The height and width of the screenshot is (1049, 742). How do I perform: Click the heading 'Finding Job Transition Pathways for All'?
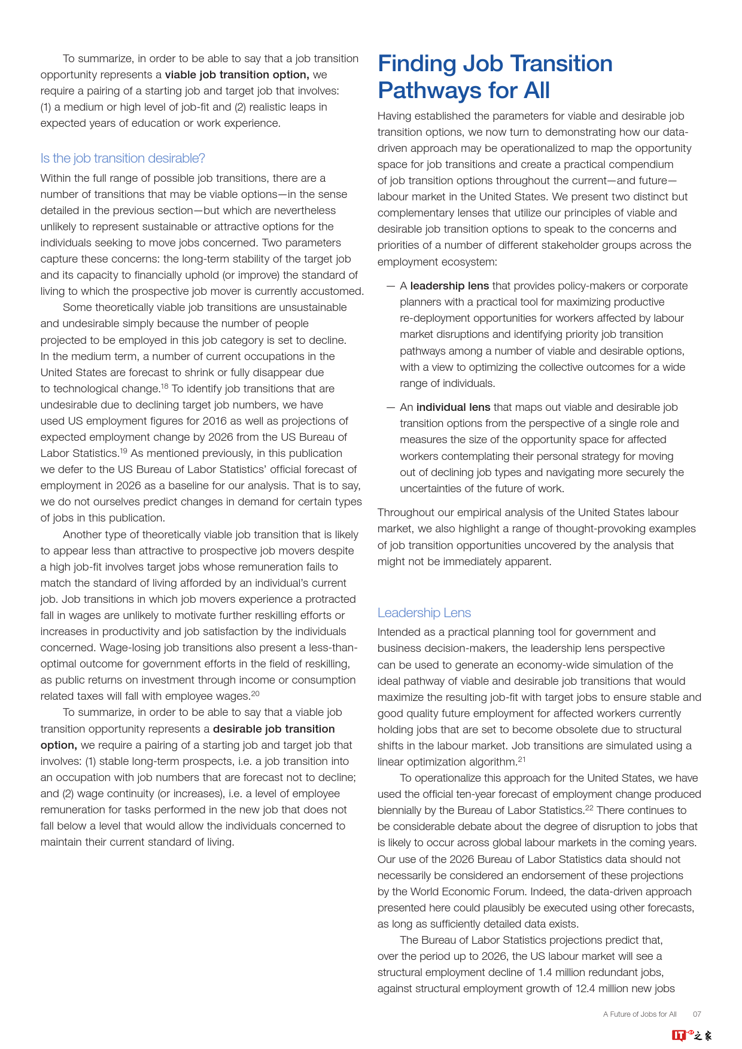pos(495,77)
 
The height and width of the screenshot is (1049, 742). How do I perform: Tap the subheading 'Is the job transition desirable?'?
pos(123,158)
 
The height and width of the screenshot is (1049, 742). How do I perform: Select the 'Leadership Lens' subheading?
pos(424,613)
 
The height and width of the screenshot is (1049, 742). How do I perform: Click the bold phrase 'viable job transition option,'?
pos(237,75)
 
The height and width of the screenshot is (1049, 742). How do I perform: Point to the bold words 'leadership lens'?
pos(449,286)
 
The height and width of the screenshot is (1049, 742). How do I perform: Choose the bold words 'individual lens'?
pos(453,407)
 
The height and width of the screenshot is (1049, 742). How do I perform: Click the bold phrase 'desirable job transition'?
pos(273,729)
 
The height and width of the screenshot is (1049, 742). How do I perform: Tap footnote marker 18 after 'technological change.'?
pos(165,386)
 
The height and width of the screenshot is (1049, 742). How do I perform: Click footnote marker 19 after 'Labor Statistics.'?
pos(123,451)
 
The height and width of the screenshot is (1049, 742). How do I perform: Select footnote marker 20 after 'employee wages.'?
pos(255,694)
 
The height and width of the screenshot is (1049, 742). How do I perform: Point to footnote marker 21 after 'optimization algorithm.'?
pos(521,760)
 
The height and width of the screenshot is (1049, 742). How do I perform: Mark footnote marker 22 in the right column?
pos(589,808)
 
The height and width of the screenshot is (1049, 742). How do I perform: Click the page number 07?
pos(697,1014)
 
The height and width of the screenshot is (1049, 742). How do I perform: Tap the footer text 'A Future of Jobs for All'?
pos(640,1014)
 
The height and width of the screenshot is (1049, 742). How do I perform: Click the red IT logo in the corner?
pos(679,1035)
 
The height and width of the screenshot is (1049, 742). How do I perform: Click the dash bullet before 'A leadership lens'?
pos(390,286)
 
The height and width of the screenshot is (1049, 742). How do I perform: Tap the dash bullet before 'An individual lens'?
pos(390,407)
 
